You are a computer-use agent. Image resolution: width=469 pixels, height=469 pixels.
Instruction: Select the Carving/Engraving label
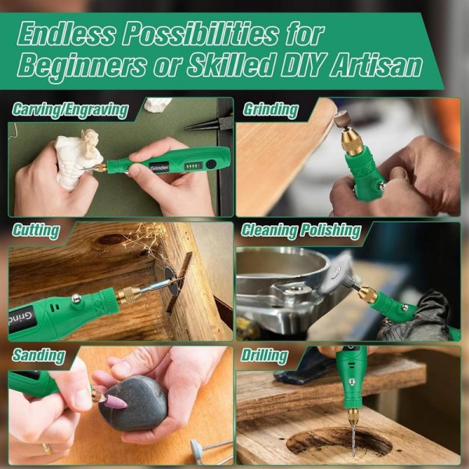point(70,109)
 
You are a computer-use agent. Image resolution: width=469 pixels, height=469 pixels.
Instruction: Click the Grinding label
point(270,109)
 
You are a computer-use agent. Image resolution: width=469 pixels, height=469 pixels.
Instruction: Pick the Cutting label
point(36,231)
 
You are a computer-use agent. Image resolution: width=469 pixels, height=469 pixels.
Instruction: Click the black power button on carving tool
point(210,164)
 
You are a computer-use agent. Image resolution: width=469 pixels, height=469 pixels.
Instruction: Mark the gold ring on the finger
point(48,449)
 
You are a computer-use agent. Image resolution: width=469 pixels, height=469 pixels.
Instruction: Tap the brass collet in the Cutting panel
point(128,294)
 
